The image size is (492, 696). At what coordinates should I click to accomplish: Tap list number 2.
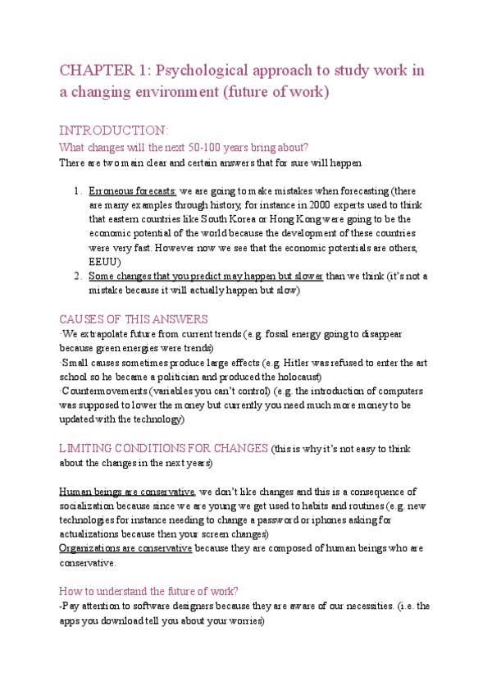pos(75,277)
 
